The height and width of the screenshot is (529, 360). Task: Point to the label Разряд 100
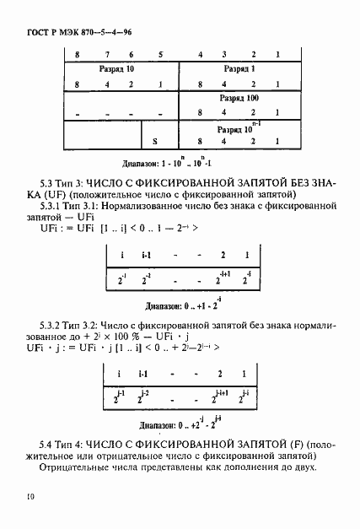coord(240,99)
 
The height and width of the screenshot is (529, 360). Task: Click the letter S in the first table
coord(154,143)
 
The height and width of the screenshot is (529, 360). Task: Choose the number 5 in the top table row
coord(160,54)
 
